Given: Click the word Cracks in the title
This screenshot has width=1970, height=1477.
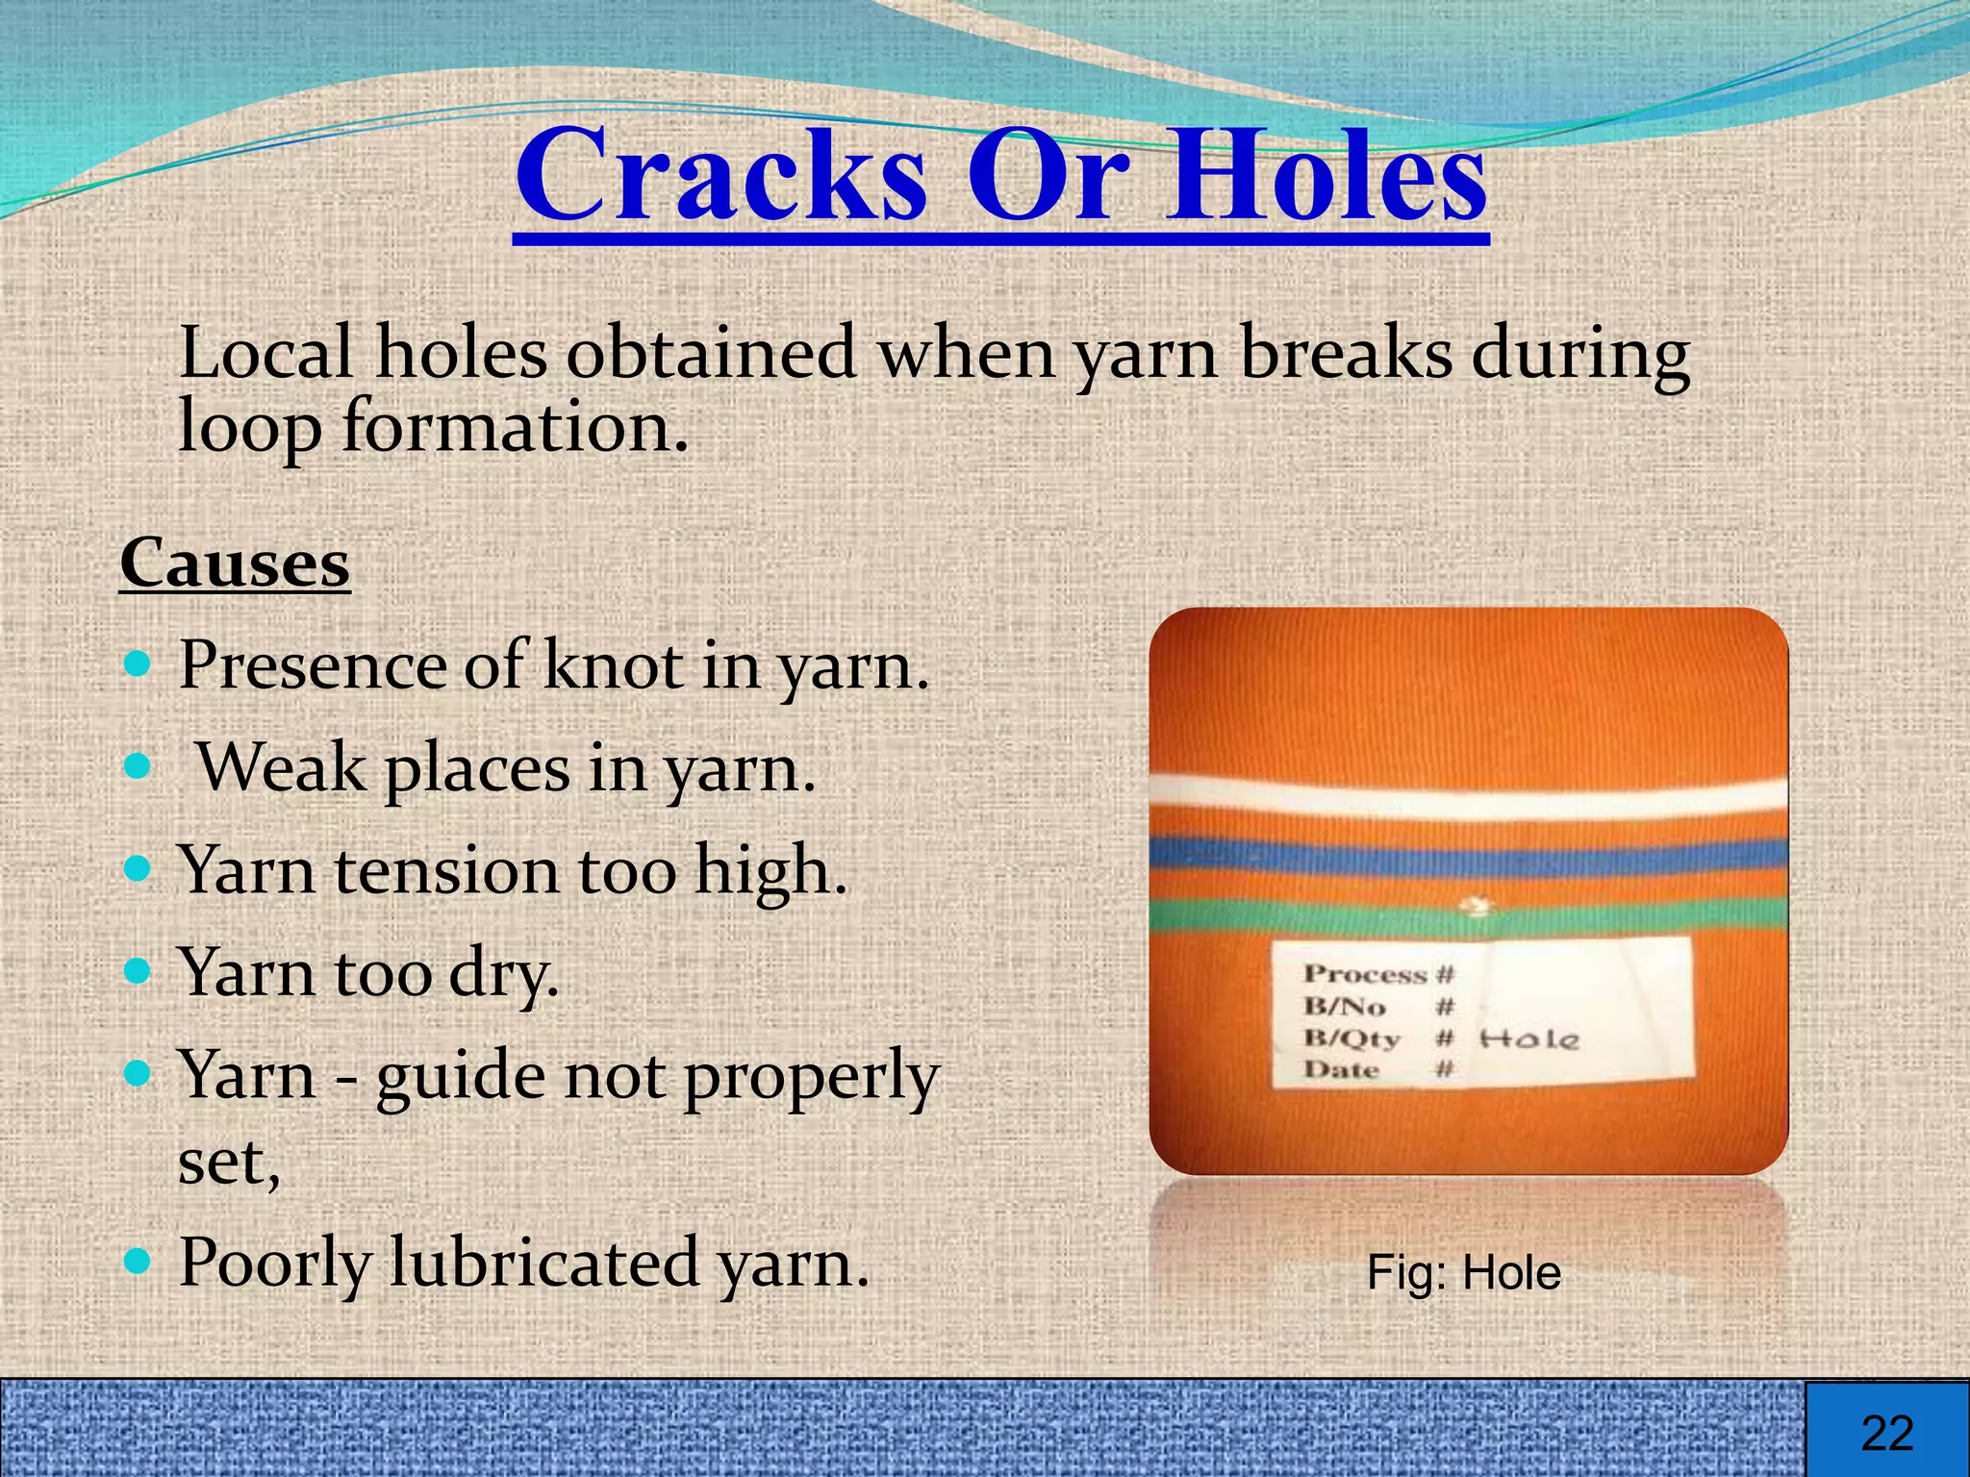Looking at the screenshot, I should click(721, 177).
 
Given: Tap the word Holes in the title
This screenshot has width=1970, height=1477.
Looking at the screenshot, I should click(1327, 177).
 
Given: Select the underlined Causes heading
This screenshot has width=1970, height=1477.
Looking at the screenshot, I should click(235, 563).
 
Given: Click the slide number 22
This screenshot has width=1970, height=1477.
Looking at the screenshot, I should click(1887, 1433).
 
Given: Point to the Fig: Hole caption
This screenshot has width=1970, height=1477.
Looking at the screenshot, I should click(1463, 1273).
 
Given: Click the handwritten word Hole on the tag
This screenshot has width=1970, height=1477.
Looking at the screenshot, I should click(1529, 1039).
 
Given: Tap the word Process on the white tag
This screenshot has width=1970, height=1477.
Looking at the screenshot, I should click(1365, 975).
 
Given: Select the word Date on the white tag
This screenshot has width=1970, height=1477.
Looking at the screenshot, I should click(1342, 1069).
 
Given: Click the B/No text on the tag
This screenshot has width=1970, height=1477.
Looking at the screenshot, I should click(1345, 1007).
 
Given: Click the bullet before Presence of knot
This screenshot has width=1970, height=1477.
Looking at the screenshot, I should click(139, 663).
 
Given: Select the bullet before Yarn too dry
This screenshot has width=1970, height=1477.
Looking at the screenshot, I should click(139, 971).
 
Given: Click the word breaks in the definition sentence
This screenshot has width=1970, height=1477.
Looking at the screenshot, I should click(1346, 353).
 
